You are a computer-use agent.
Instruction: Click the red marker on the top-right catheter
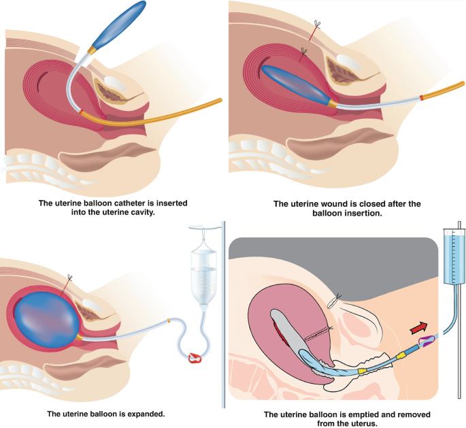(422, 98)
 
